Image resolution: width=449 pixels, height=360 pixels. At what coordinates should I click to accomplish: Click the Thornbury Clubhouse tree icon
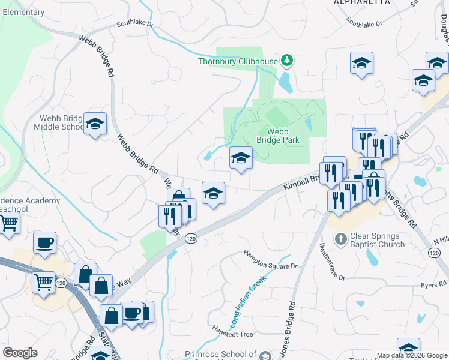tap(288, 60)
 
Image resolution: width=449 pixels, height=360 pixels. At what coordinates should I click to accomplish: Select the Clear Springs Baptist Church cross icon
tap(340, 239)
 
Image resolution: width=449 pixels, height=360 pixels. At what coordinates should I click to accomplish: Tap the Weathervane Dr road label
tap(331, 262)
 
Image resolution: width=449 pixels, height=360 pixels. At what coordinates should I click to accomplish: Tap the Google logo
tap(20, 353)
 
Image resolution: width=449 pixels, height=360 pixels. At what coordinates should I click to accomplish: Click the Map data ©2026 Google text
tap(412, 355)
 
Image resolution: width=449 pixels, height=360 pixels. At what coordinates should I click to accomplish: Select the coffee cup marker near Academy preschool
tap(44, 243)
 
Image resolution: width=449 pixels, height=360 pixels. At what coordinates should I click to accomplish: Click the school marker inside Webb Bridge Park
tap(241, 158)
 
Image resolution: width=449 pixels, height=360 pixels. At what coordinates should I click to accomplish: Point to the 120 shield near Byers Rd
tap(434, 254)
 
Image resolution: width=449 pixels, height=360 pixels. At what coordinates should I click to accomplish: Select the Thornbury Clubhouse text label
tap(238, 61)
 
